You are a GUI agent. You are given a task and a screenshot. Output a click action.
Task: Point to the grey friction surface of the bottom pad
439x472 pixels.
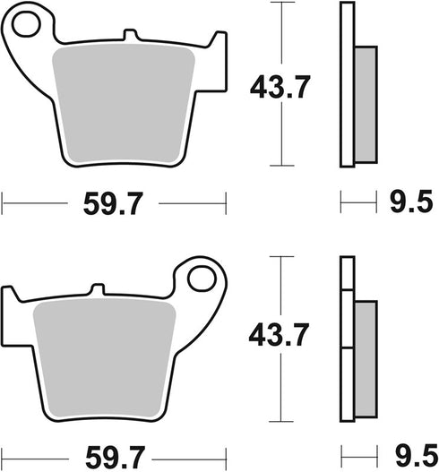click(103, 354)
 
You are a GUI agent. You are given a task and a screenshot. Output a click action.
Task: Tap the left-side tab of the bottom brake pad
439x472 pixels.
click(12, 296)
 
